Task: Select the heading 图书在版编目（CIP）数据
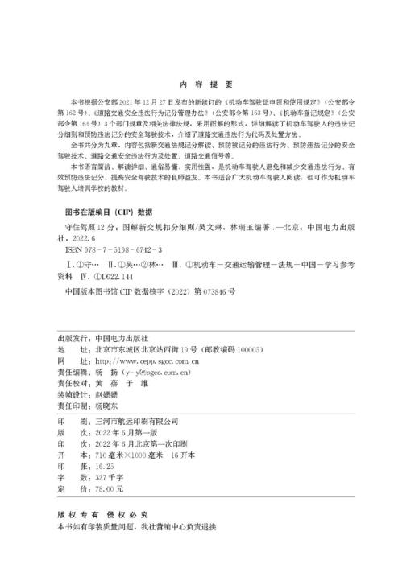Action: (x=107, y=212)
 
